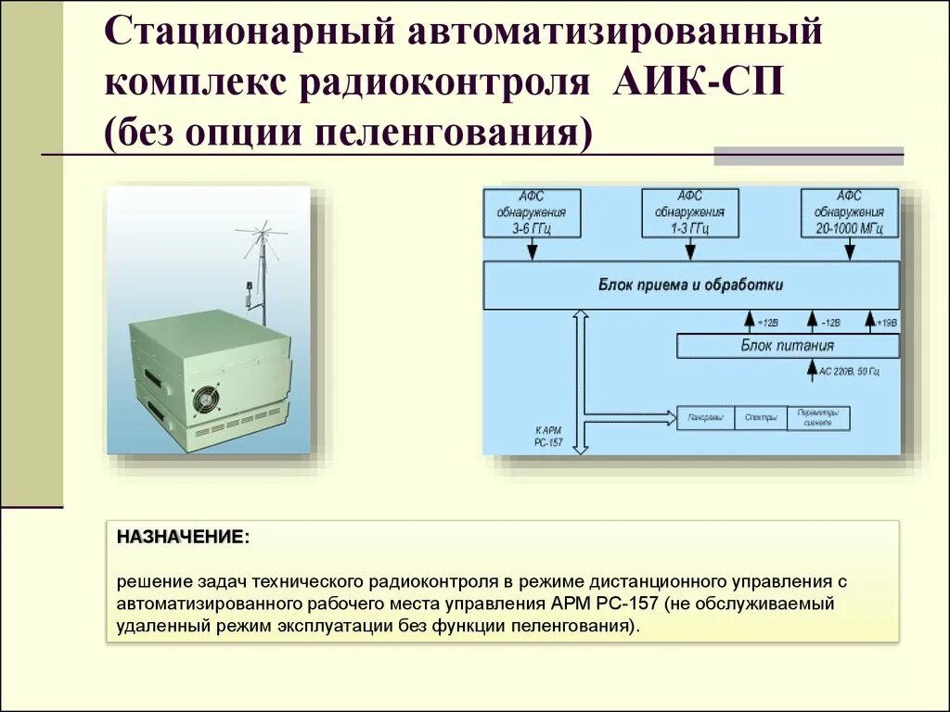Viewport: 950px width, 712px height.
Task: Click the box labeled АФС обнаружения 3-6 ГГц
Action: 532,212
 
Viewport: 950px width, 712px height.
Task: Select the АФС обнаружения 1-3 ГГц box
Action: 689,212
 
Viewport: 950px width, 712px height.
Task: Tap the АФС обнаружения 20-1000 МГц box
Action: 850,212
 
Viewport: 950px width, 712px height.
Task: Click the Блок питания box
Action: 788,346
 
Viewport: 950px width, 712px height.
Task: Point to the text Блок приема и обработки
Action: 691,285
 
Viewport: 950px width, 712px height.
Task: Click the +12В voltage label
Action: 766,323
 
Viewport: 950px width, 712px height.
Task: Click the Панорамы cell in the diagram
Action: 706,418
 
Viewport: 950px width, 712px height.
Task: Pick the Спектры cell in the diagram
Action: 761,418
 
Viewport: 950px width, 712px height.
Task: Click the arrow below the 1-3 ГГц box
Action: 689,249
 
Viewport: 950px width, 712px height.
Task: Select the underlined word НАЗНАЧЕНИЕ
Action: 182,537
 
